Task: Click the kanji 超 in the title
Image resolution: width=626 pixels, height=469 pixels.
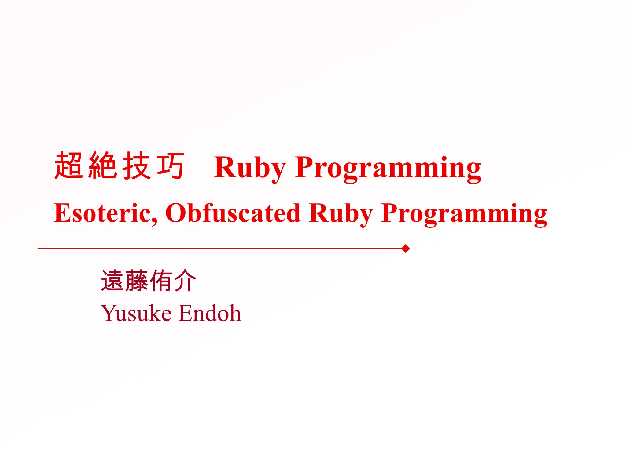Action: pyautogui.click(x=69, y=165)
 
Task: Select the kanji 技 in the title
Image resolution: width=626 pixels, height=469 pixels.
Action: pyautogui.click(x=137, y=165)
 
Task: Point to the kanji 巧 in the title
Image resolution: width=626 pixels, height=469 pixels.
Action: pyautogui.click(x=171, y=165)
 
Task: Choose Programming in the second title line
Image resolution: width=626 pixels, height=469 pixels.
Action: pyautogui.click(x=464, y=213)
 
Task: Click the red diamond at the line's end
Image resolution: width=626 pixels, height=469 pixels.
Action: pyautogui.click(x=406, y=249)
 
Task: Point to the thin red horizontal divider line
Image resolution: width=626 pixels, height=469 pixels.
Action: pyautogui.click(x=214, y=249)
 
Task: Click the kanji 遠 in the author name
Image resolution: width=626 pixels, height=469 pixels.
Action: pyautogui.click(x=112, y=281)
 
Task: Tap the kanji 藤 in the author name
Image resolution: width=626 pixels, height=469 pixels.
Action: pyautogui.click(x=136, y=281)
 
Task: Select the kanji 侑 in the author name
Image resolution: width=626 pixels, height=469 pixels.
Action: pyautogui.click(x=160, y=281)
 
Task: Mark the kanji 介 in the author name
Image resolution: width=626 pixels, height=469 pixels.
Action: pyautogui.click(x=185, y=281)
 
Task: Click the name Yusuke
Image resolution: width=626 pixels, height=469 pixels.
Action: pyautogui.click(x=136, y=313)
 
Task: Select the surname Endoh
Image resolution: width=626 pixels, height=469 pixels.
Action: pyautogui.click(x=210, y=313)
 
